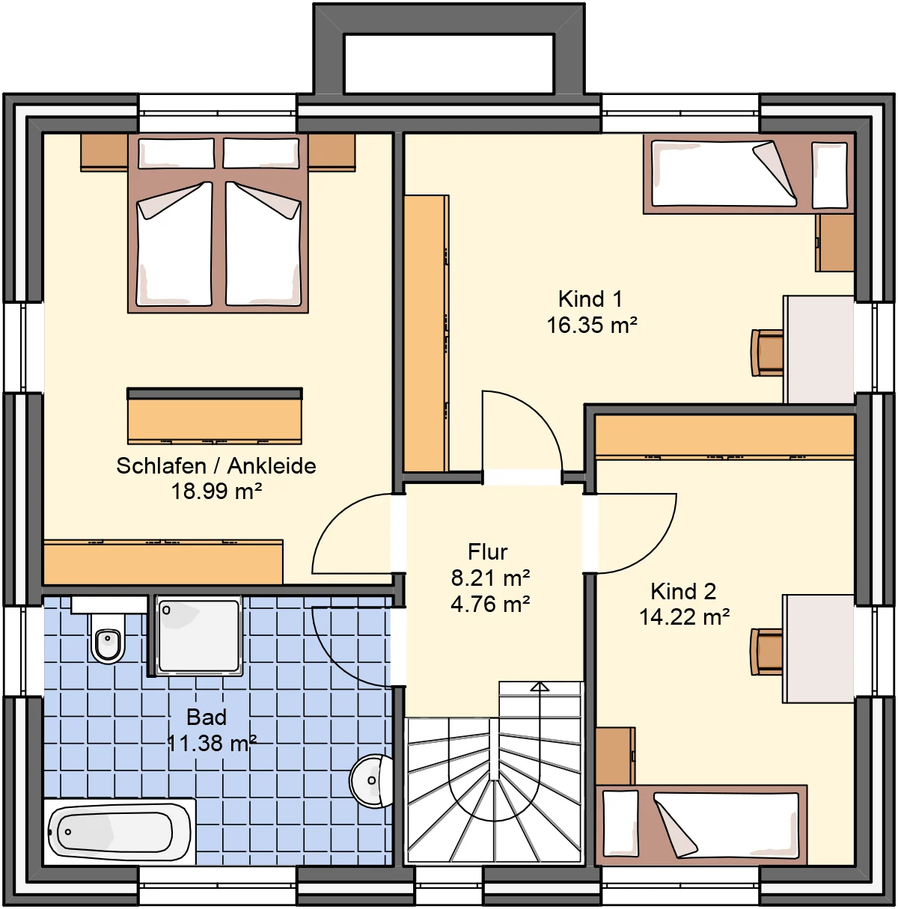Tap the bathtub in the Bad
120,832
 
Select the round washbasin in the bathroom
371,781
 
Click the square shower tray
198,635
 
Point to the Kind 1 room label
590,299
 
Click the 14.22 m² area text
684,616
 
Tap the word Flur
487,551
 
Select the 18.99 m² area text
216,491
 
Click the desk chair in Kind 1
767,353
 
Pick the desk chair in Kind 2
767,652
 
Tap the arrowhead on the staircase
540,686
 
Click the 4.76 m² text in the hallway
490,604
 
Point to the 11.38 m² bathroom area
212,744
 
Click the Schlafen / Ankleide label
216,465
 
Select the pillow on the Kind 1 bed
829,175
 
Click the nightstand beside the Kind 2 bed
615,756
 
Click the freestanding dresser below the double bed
215,415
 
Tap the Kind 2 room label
683,591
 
